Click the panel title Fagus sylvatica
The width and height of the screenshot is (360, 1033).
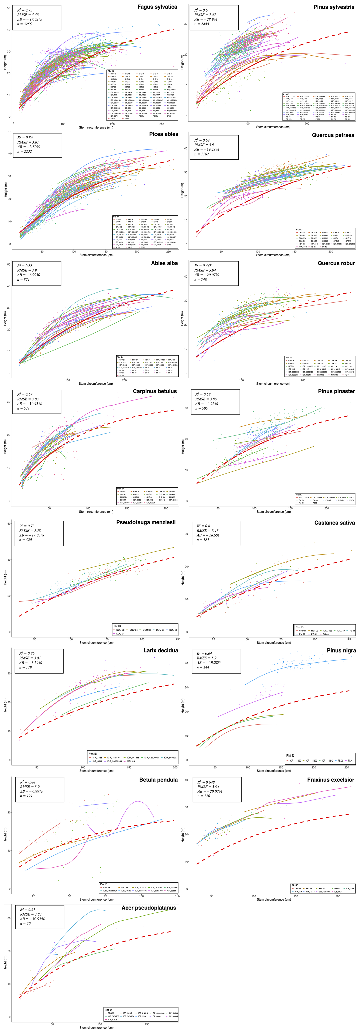(157, 7)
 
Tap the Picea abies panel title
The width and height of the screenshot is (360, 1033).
(164, 134)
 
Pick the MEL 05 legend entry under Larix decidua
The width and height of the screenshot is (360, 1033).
(130, 761)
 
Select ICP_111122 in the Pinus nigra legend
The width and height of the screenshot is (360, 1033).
(295, 760)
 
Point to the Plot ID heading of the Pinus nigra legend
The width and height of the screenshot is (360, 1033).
(290, 755)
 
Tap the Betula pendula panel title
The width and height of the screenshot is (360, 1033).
(158, 780)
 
